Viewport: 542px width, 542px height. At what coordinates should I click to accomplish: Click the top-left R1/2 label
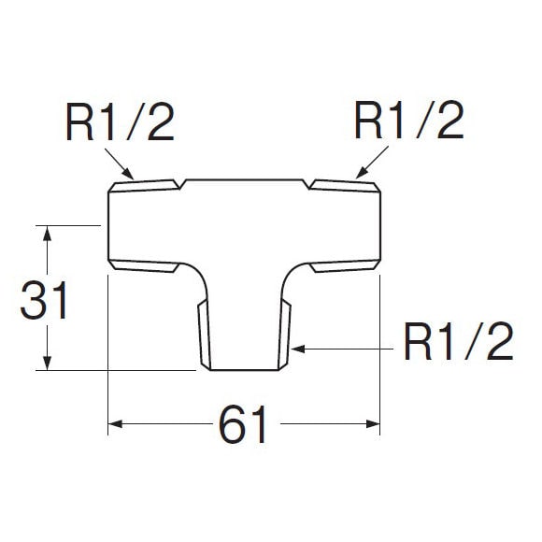click(x=120, y=121)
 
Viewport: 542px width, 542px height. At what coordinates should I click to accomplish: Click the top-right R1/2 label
click(x=409, y=121)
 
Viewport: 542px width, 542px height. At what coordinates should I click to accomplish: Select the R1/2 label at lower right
click(x=458, y=341)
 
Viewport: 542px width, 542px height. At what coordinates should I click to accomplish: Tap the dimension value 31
click(x=44, y=300)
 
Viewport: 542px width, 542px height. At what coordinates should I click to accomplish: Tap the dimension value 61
click(x=243, y=424)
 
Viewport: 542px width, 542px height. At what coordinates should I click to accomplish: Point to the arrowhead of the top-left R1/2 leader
click(x=128, y=174)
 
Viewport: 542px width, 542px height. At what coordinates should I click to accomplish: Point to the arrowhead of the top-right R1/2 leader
click(x=362, y=173)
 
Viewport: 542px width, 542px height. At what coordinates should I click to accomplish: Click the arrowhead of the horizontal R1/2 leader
click(x=298, y=349)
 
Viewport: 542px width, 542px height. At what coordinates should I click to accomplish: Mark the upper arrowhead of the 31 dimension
click(x=47, y=234)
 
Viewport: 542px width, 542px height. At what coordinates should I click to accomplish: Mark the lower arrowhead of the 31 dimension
click(x=47, y=363)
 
